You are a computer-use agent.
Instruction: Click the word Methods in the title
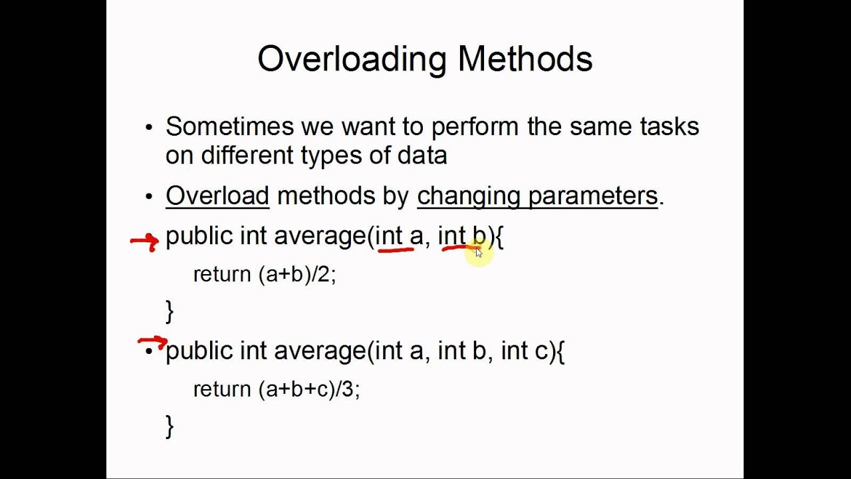tap(525, 59)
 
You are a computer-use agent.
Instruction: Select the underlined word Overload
tap(217, 196)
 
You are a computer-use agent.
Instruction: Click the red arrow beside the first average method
tap(144, 241)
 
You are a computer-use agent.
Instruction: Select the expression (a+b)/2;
tap(297, 275)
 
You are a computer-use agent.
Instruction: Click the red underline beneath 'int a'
tap(396, 251)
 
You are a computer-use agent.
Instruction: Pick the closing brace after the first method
tap(170, 311)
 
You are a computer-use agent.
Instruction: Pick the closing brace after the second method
tap(170, 426)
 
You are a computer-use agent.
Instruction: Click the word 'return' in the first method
tap(222, 275)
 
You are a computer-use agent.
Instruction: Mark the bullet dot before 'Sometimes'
tap(149, 128)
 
